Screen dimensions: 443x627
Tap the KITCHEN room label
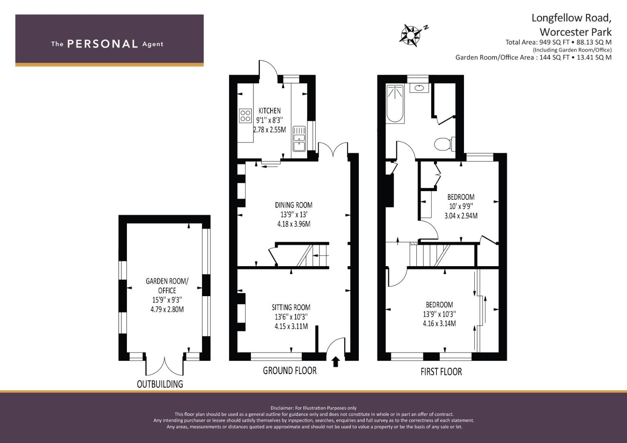point(269,110)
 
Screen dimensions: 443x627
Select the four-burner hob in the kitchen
point(245,115)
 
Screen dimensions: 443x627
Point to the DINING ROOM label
point(293,205)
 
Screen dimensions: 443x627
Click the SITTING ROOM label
point(291,307)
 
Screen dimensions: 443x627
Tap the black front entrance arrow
point(335,361)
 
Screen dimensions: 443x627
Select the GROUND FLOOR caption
point(289,371)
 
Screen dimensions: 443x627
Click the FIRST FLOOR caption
point(441,372)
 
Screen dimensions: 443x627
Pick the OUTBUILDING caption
point(160,384)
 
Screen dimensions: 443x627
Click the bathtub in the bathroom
point(395,103)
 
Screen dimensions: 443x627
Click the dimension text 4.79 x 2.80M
point(167,309)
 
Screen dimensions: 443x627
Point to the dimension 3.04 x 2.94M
point(461,216)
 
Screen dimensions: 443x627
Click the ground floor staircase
point(312,256)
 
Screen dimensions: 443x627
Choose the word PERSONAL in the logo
point(102,44)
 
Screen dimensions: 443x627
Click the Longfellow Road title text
point(571,18)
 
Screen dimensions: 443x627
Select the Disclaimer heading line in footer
point(313,408)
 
